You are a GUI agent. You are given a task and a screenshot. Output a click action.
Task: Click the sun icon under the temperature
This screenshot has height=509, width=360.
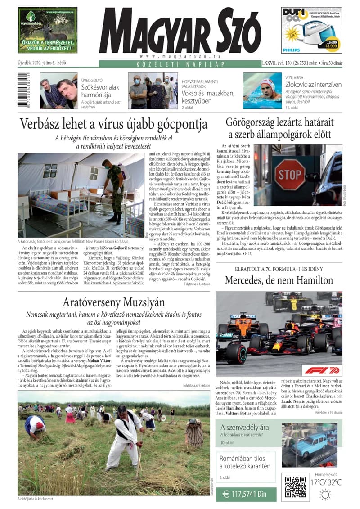tap(324, 495)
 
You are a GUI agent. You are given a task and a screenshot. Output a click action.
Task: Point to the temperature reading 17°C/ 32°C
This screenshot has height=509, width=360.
tap(325, 482)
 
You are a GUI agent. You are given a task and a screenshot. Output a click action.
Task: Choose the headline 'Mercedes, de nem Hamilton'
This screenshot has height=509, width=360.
tap(279, 280)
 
